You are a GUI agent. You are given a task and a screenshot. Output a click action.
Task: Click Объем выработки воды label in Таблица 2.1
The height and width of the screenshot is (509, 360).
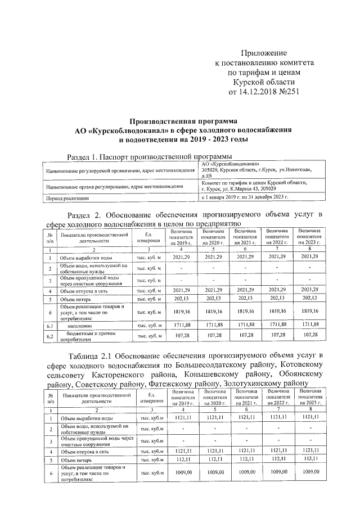(88, 419)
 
